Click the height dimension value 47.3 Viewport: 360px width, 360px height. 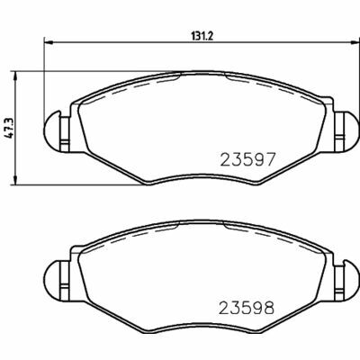pos(11,128)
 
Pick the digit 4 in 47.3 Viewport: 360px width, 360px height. pos(11,137)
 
